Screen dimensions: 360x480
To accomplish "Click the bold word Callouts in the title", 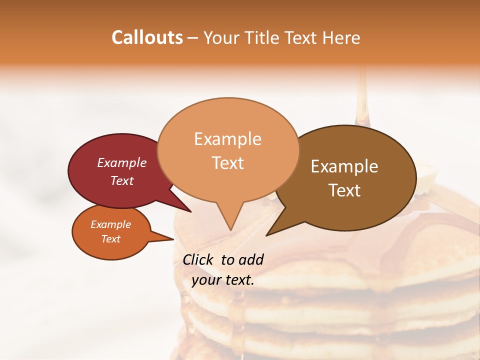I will pos(147,37).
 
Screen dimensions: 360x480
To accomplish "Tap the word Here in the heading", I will pos(341,37).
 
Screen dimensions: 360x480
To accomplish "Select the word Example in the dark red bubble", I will pos(122,162).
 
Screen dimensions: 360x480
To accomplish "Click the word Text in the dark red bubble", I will pos(122,180).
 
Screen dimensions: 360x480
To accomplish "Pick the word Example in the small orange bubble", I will pos(111,224).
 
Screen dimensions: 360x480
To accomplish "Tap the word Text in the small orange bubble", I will pos(111,239).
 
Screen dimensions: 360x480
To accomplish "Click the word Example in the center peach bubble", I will pos(227,138).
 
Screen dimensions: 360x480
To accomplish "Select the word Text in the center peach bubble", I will pos(227,163).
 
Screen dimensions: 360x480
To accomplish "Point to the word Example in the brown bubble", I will pos(344,166).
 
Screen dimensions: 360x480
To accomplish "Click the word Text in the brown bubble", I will pos(344,190).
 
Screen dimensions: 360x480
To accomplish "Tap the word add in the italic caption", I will pos(251,259).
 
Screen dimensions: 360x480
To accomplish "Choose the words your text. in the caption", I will pos(223,280).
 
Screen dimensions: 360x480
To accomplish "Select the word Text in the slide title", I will pos(302,37).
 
